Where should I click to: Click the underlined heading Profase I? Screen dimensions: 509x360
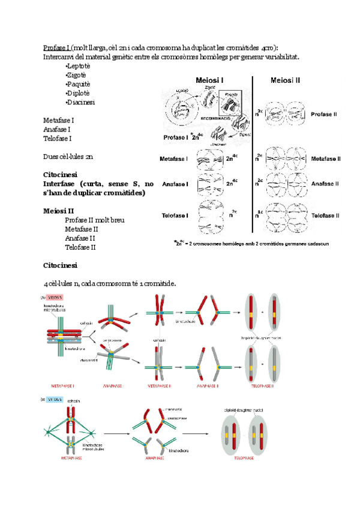pyautogui.click(x=56, y=47)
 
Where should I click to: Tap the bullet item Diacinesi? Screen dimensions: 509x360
pyautogui.click(x=80, y=102)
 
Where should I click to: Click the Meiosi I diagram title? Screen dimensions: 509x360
pyautogui.click(x=210, y=80)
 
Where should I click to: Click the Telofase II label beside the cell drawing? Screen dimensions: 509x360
pyautogui.click(x=326, y=215)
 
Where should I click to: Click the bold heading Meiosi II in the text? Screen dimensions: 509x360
pyautogui.click(x=59, y=211)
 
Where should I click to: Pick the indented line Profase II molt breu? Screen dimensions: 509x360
pyautogui.click(x=95, y=220)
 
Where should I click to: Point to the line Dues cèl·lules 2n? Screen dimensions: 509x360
pyautogui.click(x=67, y=156)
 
